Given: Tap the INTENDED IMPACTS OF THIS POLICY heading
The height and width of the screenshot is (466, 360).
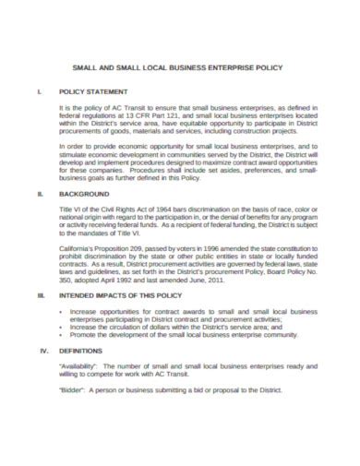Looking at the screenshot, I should [x=118, y=294].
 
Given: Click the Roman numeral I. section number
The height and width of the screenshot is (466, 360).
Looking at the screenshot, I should [x=37, y=92].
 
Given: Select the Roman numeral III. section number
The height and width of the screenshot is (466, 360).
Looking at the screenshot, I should [x=39, y=294].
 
